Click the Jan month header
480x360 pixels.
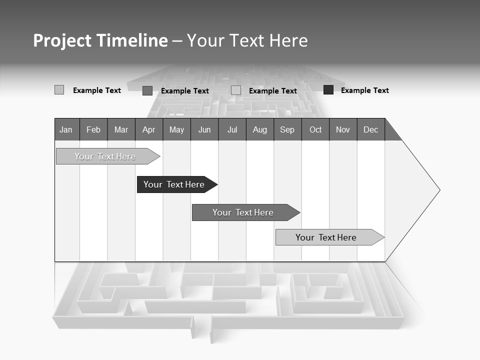[x=66, y=130]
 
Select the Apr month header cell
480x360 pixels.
[x=148, y=130]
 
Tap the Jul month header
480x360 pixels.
[x=232, y=130]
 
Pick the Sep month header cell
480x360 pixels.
[x=287, y=130]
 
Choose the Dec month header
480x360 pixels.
[x=370, y=130]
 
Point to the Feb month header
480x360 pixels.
[x=93, y=130]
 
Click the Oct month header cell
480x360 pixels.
[x=315, y=130]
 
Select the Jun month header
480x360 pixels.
[x=204, y=130]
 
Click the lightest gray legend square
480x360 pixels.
[x=59, y=90]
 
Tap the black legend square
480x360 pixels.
[x=328, y=90]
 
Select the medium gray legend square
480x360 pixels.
[x=147, y=90]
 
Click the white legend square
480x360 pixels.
[x=236, y=90]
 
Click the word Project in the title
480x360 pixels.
[x=62, y=40]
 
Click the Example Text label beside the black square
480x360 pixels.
[x=364, y=90]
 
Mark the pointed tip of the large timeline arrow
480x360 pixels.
[x=439, y=190]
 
